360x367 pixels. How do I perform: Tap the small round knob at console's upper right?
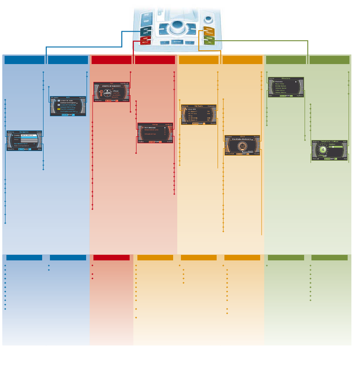point(209,19)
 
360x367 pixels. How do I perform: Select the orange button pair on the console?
point(209,31)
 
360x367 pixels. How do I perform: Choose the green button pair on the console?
point(209,40)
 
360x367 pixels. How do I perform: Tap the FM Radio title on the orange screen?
point(199,106)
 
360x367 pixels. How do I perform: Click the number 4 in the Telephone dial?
point(322,150)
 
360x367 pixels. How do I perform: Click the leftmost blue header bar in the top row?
point(24,60)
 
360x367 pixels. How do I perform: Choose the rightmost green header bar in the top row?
point(329,60)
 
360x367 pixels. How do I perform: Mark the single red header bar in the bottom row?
point(111,258)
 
